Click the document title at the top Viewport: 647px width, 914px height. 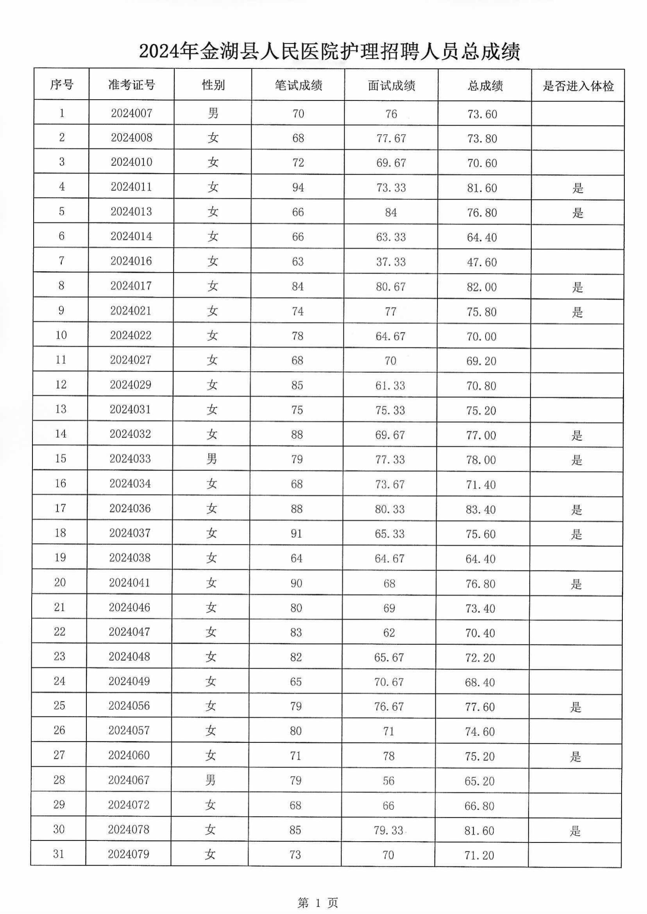pos(329,52)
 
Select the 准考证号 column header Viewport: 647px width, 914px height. pos(132,85)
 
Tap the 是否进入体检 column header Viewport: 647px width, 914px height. pos(578,86)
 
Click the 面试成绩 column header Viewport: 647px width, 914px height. pos(391,86)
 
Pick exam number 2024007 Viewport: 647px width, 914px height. pos(132,113)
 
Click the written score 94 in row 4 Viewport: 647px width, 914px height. pos(298,187)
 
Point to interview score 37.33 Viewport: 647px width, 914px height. pos(391,262)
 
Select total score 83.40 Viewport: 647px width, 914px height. pos(481,509)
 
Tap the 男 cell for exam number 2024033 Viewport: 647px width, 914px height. pos(211,459)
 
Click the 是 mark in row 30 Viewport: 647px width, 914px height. pos(575,831)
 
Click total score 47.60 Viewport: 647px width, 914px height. pos(482,262)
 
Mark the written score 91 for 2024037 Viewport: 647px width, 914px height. pos(297,533)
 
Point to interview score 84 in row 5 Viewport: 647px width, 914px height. pos(391,212)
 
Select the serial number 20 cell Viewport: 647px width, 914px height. pos(60,583)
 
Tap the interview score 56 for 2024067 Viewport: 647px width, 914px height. pos(388,781)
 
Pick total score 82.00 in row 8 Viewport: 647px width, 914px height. pos(482,287)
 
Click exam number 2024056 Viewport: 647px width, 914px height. pos(129,706)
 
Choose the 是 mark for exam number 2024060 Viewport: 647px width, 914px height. pos(575,757)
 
